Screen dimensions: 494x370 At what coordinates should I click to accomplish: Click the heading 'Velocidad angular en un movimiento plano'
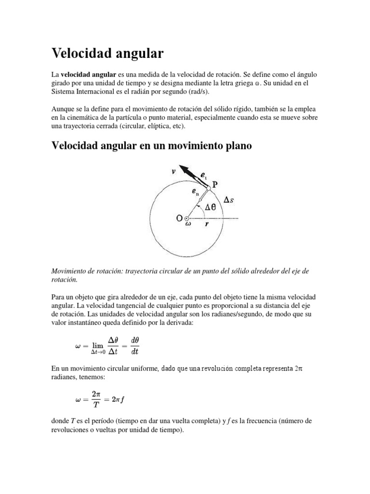151,146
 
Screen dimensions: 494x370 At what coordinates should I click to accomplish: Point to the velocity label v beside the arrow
173,170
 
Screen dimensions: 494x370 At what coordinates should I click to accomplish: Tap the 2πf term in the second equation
121,399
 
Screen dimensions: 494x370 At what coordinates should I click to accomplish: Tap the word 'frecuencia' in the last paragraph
264,421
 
